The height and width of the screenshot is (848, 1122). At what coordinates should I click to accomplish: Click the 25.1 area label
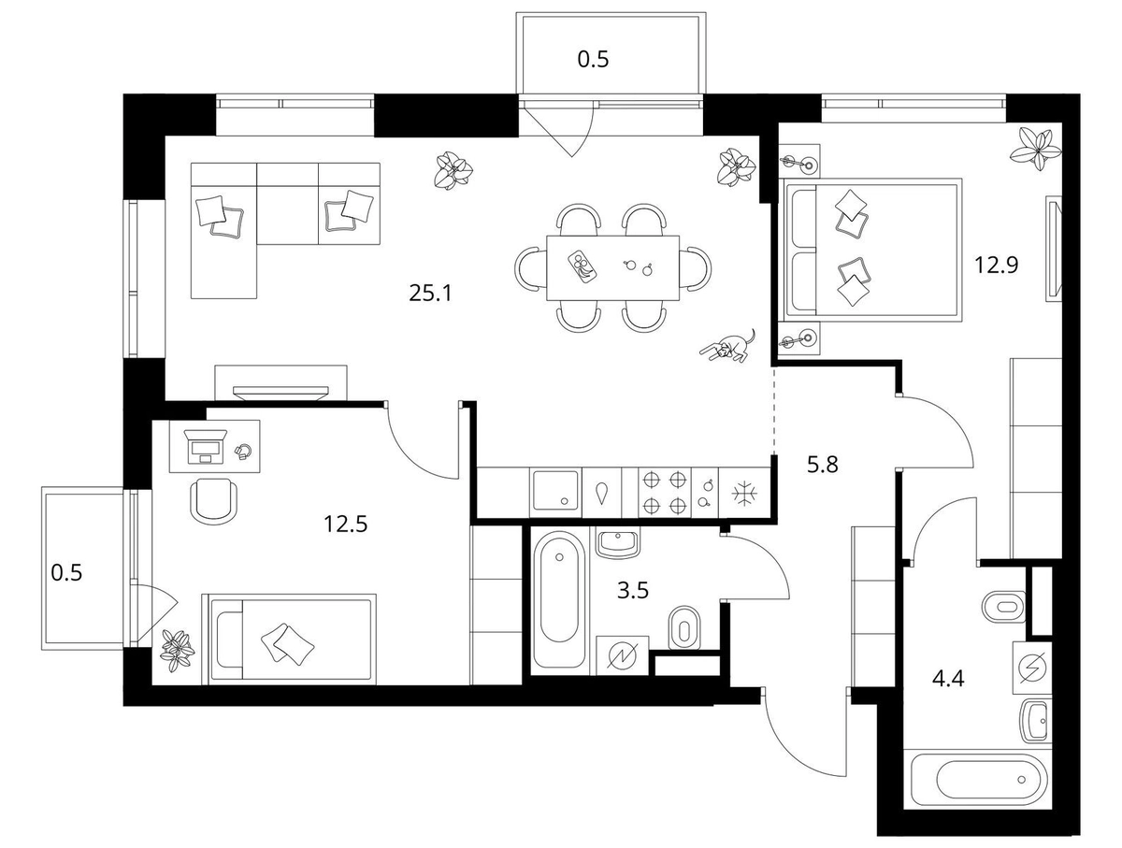(x=430, y=294)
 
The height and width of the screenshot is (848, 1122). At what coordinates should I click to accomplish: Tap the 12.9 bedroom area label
(x=997, y=265)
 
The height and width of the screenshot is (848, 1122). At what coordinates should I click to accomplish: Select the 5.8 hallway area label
(x=823, y=465)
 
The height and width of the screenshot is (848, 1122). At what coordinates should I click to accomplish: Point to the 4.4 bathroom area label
(x=948, y=680)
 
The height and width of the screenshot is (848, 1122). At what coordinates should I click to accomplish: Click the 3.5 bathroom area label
(x=633, y=590)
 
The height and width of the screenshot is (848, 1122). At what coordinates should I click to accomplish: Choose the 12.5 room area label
(x=346, y=524)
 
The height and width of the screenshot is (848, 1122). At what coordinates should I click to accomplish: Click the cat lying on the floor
(x=727, y=346)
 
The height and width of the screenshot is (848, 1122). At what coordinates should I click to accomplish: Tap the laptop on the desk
(x=206, y=446)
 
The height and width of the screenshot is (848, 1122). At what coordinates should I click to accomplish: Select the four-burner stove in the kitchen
(x=664, y=493)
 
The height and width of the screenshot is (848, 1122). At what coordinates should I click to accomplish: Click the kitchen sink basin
(x=555, y=491)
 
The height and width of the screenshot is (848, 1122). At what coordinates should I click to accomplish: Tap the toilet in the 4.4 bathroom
(x=1004, y=607)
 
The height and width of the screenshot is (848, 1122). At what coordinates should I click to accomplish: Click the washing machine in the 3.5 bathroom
(x=623, y=656)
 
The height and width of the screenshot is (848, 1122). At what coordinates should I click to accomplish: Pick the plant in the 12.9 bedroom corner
(x=1037, y=149)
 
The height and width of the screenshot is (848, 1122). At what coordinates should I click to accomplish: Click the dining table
(x=612, y=267)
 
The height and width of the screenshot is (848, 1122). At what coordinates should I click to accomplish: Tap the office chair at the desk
(x=214, y=500)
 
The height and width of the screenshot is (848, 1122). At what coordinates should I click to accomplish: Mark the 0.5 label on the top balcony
(x=593, y=60)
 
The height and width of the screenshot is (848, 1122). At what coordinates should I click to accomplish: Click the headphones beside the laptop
(x=244, y=452)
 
